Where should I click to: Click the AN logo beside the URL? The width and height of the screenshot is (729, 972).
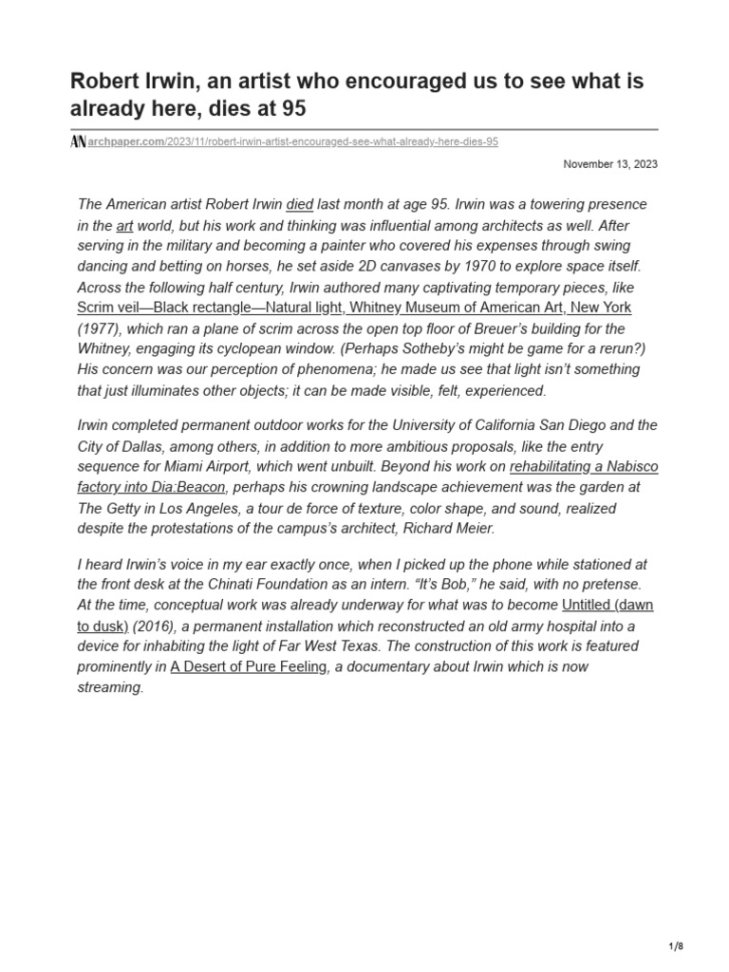coord(78,141)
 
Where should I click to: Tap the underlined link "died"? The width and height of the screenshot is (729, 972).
coord(299,205)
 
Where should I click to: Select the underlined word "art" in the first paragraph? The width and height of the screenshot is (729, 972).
coord(124,226)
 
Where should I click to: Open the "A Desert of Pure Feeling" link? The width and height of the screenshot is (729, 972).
coord(250,666)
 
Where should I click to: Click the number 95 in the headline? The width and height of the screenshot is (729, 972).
coord(293,109)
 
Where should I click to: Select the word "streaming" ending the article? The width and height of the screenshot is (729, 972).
coord(108,687)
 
